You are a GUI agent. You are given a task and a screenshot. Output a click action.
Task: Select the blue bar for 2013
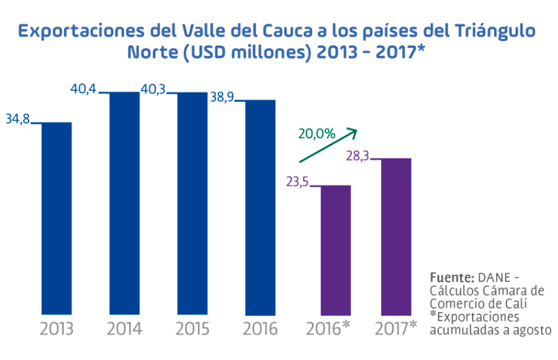click(57, 218)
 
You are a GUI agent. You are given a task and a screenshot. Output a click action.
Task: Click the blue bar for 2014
click(124, 203)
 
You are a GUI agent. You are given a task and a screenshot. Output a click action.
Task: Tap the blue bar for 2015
click(192, 203)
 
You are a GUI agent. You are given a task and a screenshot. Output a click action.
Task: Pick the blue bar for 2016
click(260, 207)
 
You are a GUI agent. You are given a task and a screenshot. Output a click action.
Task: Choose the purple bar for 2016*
click(336, 249)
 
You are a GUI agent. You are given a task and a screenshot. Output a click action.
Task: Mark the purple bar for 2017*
click(396, 236)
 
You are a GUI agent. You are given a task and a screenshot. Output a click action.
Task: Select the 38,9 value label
click(221, 97)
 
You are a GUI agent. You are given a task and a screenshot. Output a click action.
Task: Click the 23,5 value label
click(297, 182)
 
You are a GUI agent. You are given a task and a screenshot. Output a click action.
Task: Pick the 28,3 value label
click(358, 156)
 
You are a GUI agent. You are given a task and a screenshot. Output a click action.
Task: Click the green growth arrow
click(328, 146)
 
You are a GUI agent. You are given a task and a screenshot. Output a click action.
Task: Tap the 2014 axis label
click(124, 329)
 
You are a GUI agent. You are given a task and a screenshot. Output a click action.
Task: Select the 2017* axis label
click(396, 328)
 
